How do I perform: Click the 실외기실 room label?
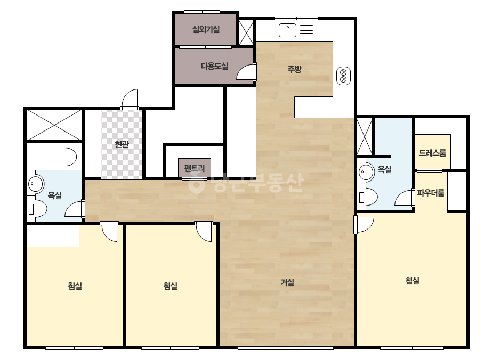206,29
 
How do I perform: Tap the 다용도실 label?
215,66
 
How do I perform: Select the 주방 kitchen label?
295,69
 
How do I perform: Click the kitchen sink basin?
287,30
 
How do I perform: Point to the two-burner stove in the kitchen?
344,76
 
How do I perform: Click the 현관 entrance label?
122,144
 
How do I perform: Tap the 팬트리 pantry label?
195,168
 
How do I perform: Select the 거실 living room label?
287,282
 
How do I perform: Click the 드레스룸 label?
432,153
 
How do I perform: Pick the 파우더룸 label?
431,193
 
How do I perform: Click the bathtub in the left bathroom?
54,157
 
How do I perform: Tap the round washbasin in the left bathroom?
36,184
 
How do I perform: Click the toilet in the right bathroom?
368,197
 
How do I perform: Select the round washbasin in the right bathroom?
366,172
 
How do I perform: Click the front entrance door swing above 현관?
130,99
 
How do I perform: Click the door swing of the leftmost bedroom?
109,232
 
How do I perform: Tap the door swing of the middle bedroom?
204,232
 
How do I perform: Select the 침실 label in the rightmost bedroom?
413,280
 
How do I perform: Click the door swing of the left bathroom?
75,209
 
